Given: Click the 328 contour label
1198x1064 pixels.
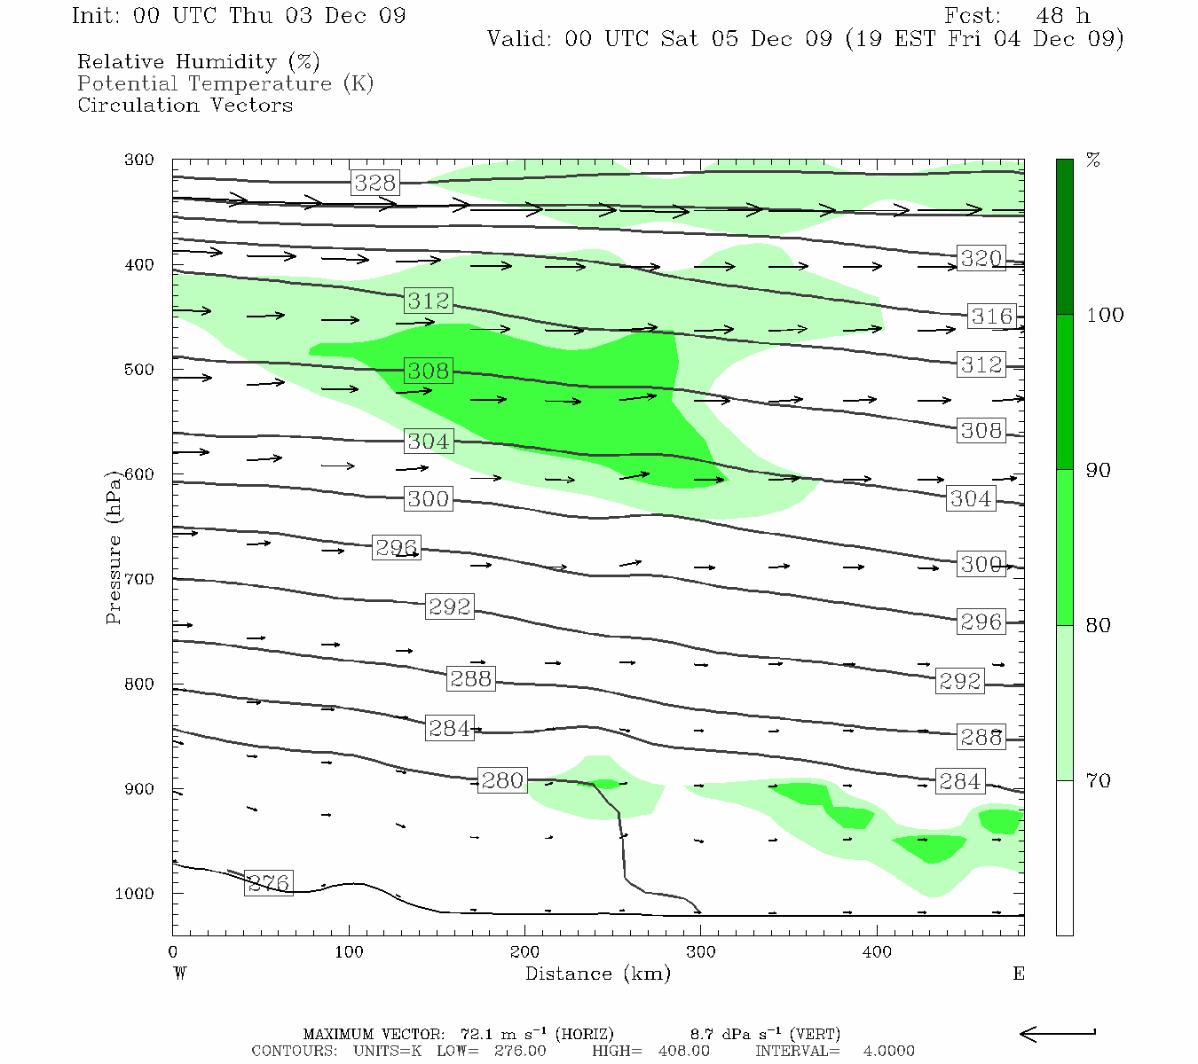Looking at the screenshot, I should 374,183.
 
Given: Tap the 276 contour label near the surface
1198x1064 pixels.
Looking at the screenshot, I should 268,883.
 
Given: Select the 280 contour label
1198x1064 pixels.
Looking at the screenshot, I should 502,780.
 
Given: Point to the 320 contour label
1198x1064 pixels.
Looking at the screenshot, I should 981,258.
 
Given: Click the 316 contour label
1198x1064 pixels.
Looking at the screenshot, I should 991,316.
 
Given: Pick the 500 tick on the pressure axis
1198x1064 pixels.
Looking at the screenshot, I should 139,370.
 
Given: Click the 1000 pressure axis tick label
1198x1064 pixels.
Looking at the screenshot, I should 135,894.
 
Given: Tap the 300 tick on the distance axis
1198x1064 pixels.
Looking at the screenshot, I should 701,952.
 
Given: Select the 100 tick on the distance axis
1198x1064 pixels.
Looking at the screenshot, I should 349,952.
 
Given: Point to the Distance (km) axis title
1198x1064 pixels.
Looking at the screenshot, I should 597,974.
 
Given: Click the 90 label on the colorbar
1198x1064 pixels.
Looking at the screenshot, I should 1099,470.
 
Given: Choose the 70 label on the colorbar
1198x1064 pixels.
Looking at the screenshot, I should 1099,780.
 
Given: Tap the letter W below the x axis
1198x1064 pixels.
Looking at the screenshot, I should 180,974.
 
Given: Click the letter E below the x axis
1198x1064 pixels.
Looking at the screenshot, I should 1018,974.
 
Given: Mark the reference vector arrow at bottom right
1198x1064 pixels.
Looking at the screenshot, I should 1058,1034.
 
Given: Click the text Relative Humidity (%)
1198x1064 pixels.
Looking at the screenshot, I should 199,62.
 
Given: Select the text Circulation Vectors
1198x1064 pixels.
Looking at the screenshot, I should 185,105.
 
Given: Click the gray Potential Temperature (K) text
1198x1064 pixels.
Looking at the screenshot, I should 225,83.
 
